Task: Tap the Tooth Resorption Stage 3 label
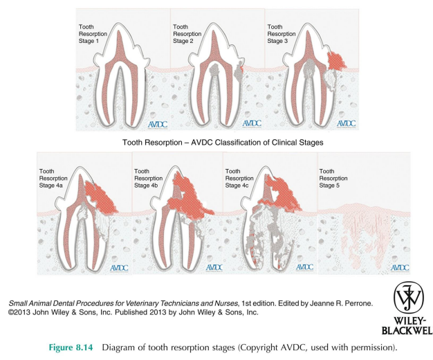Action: coord(279,33)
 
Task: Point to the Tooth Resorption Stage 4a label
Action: coord(55,177)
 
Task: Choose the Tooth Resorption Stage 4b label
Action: coord(147,177)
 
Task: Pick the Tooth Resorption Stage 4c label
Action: coord(238,177)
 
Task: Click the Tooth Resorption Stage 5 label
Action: coord(332,177)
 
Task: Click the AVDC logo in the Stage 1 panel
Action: coord(158,123)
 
